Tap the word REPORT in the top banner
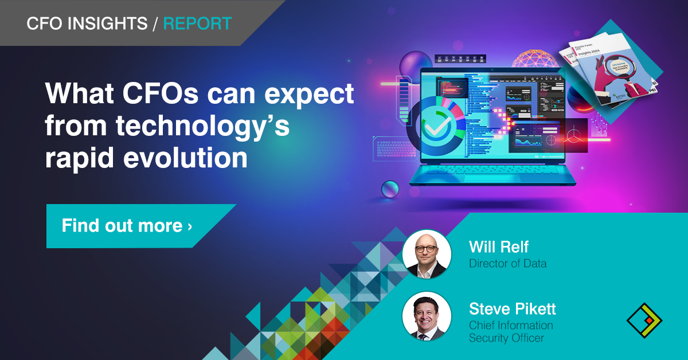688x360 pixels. click(197, 24)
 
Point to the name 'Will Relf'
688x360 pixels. click(498, 247)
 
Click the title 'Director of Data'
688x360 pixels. click(507, 264)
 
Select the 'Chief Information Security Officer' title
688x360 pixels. click(510, 331)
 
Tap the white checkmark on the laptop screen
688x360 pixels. click(436, 126)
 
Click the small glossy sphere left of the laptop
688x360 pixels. click(390, 187)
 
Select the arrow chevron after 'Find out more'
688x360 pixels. click(190, 226)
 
